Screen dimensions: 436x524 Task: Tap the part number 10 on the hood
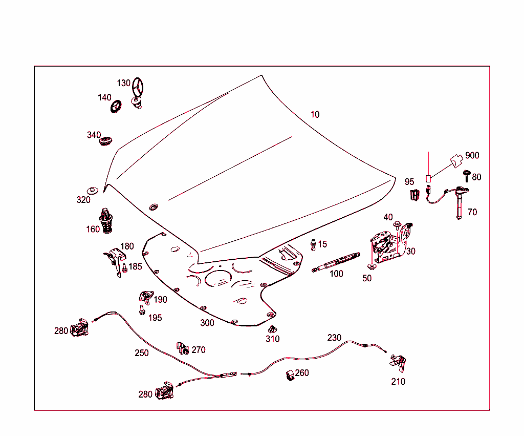pos(315,114)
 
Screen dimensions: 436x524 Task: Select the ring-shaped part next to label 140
pos(116,107)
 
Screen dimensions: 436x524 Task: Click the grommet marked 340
pos(105,140)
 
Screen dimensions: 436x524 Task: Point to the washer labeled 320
pos(93,191)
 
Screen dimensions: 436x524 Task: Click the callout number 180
pos(126,246)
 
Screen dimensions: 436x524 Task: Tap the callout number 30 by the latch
pos(411,251)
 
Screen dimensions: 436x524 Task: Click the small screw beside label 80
pos(467,175)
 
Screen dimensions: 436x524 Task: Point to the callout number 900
pos(472,155)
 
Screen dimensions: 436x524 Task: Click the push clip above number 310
pos(271,329)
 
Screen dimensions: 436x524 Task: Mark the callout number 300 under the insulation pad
pos(207,323)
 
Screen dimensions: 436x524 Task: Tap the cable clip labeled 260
pos(289,375)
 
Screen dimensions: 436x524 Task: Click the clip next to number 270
pos(182,348)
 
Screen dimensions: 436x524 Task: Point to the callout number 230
pos(334,338)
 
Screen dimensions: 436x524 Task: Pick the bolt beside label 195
pos(141,309)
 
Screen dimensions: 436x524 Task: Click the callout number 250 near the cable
pos(142,353)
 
